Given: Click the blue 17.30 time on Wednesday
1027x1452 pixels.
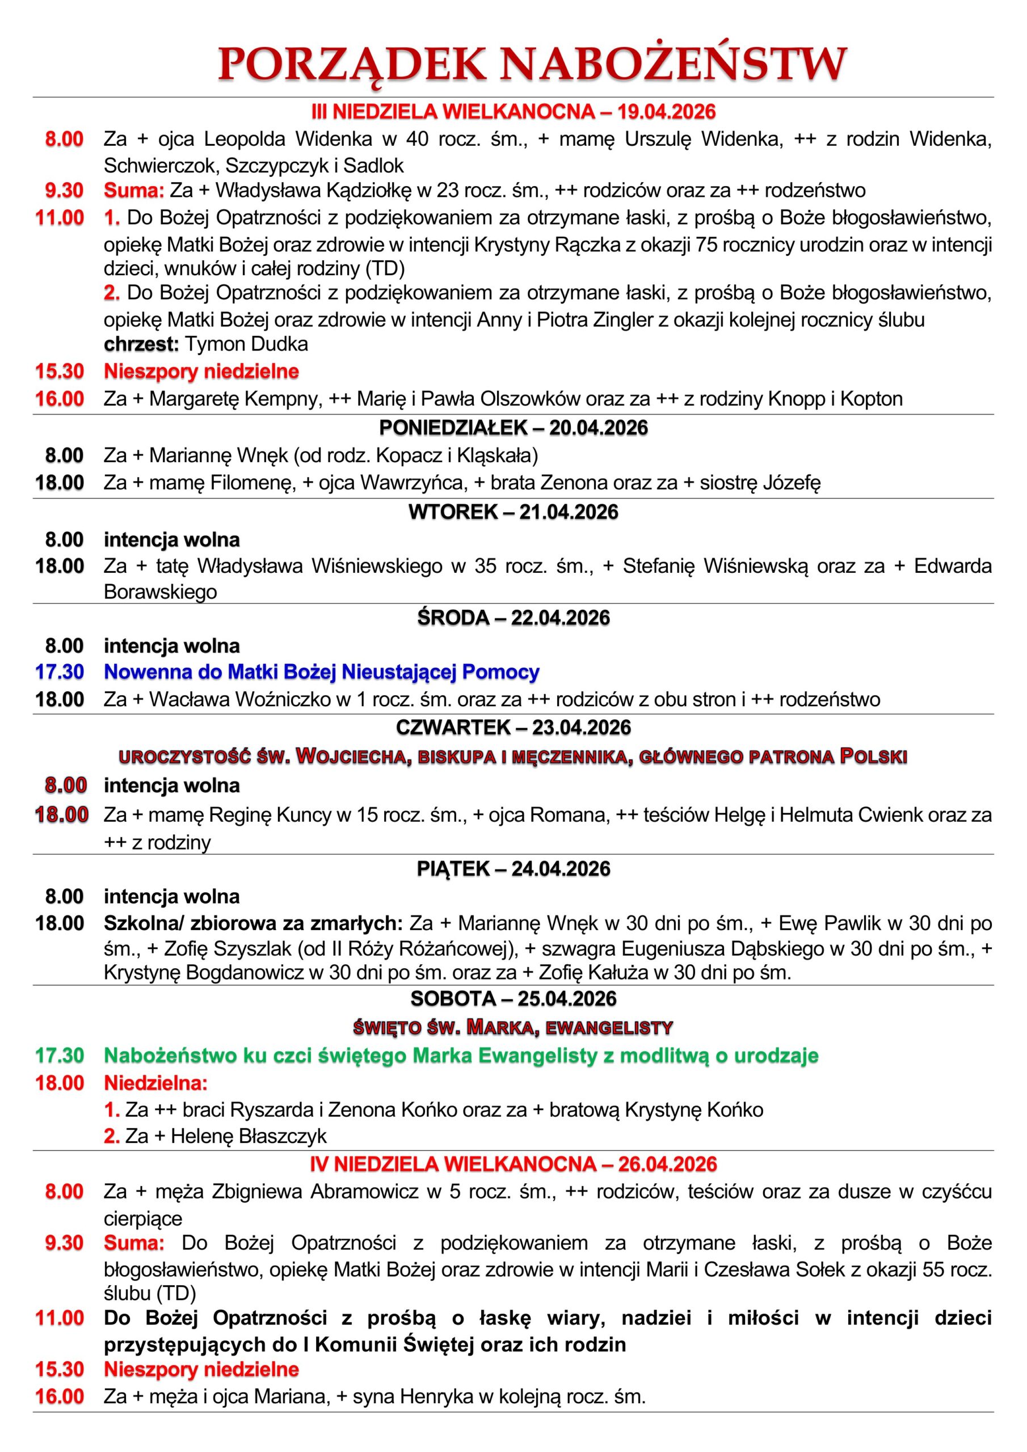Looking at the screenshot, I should pos(60,672).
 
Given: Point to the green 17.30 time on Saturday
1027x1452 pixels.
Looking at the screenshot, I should pos(60,1056).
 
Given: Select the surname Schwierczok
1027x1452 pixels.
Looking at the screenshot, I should pos(161,166).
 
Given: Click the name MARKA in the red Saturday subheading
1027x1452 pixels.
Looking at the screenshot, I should pos(502,1028).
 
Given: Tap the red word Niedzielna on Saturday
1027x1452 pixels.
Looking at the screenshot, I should pos(155,1083).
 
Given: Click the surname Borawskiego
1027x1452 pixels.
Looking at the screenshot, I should pos(160,592).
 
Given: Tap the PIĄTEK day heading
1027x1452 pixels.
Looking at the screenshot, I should pos(455,869).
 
